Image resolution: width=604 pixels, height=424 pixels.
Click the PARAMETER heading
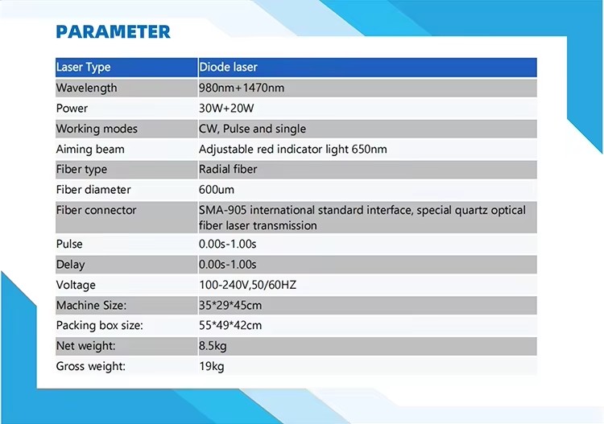point(113,31)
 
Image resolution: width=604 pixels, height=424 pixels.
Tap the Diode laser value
point(228,67)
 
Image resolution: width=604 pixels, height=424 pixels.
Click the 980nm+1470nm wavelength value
point(242,88)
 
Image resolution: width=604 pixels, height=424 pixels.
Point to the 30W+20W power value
point(226,108)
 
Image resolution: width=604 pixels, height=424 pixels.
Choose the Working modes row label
point(97,129)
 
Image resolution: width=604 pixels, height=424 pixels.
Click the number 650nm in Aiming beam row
point(369,149)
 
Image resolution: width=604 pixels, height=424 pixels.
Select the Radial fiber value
point(228,169)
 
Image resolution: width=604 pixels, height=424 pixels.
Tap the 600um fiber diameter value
point(217,190)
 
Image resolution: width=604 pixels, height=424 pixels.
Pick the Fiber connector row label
point(97,210)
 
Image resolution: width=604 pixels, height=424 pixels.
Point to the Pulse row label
point(69,244)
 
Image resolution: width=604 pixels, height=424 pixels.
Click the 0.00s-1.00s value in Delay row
point(228,265)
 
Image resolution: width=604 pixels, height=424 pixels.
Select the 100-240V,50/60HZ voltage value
point(248,285)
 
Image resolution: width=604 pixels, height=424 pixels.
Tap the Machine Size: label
point(91,305)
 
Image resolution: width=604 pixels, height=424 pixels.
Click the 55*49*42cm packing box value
point(230,326)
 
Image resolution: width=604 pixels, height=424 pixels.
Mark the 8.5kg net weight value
point(213,346)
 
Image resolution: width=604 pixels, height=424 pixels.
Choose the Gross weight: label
point(91,366)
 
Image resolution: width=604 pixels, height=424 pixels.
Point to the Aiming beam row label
point(90,150)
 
